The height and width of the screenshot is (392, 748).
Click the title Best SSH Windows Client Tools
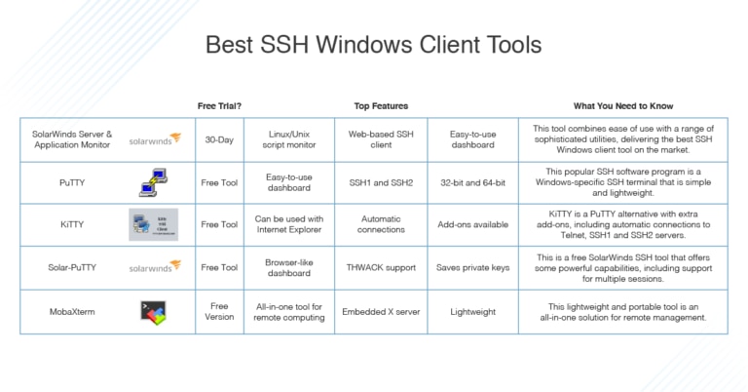373,45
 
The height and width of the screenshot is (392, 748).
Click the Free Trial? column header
219,105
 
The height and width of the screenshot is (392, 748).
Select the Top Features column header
381,105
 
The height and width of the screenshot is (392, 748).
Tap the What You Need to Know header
623,105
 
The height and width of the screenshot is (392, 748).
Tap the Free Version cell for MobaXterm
219,312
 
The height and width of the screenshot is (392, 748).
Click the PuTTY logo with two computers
154,182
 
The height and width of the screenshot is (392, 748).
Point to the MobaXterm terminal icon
154,312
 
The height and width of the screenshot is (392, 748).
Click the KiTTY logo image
154,224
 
